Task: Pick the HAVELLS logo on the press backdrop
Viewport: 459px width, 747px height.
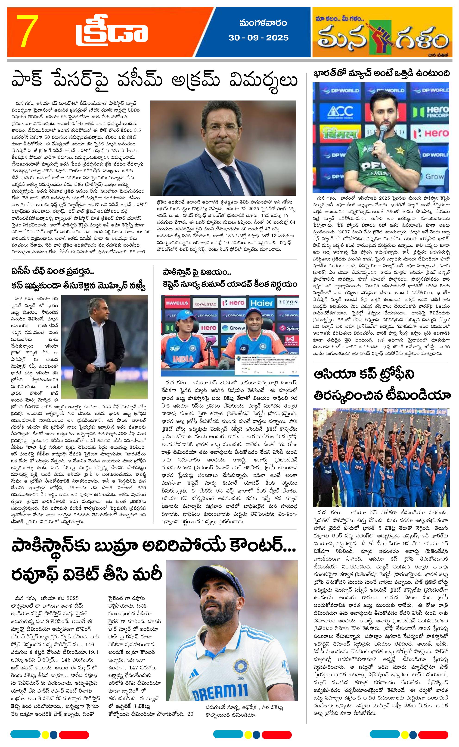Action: click(177, 303)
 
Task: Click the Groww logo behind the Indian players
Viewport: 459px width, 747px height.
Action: click(233, 328)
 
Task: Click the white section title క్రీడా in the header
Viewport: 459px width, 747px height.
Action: click(112, 33)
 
